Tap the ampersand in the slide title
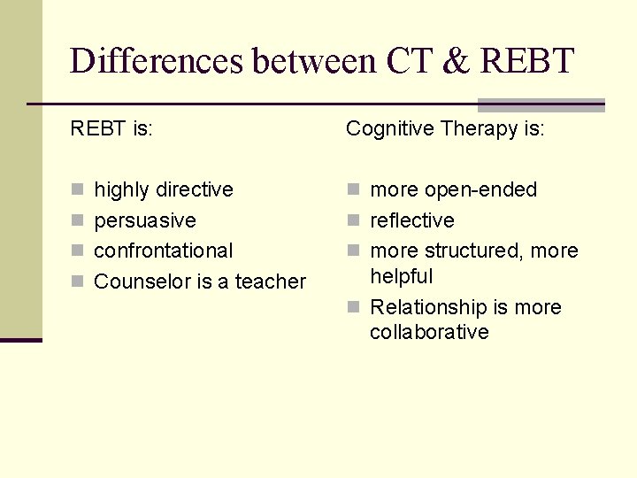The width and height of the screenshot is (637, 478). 453,62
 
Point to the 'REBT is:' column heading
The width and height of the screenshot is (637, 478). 111,129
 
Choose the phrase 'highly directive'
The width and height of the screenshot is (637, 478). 164,189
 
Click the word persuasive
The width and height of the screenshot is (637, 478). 145,220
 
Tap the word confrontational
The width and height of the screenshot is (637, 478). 164,251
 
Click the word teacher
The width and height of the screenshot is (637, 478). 270,281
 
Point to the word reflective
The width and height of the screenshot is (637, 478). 411,220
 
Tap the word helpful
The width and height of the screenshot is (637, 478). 401,276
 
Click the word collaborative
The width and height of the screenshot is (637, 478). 429,332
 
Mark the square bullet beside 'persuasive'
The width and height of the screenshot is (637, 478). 77,220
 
